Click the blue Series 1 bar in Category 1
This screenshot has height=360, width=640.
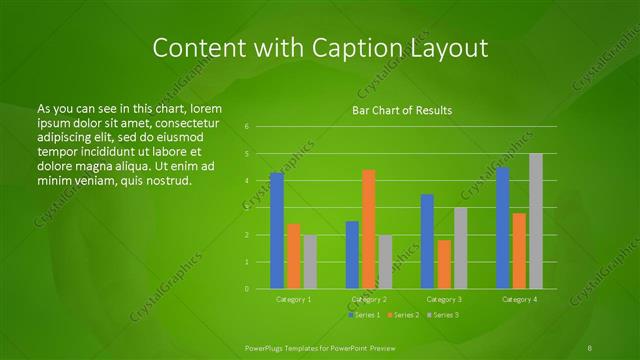277,231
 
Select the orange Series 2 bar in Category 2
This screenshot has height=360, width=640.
368,229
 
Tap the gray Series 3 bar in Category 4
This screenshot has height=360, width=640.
536,221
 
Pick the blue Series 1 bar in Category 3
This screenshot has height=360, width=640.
427,241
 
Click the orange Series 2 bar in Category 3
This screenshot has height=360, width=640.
444,264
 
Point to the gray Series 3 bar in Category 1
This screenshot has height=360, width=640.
310,261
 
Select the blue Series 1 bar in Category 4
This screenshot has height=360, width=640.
503,228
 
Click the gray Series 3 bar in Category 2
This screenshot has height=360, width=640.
385,261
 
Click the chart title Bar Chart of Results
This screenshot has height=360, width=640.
402,110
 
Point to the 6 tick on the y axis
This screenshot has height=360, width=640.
246,127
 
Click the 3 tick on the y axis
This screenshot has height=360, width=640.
246,208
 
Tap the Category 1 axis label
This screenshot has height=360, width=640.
294,299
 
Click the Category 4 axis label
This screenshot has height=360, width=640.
519,299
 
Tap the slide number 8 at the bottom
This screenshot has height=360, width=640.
590,346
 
